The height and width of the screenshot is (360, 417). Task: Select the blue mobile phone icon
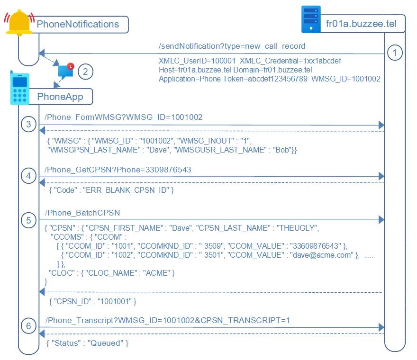[x=19, y=88]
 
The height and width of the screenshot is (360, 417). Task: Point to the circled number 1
[x=394, y=53]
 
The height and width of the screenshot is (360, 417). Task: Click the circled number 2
[x=85, y=72]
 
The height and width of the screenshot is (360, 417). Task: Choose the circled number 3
[x=28, y=125]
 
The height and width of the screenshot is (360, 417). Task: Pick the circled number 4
[x=28, y=176]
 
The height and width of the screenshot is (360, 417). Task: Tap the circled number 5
[x=28, y=220]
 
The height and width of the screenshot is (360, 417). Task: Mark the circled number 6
[x=28, y=326]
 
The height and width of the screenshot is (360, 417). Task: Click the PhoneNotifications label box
[x=78, y=24]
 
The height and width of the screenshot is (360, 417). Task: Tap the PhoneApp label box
[x=60, y=97]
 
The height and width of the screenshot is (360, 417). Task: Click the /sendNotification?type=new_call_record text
[x=232, y=46]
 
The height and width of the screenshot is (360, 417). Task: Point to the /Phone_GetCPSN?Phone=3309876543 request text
[x=118, y=169]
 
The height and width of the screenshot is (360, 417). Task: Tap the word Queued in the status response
[x=108, y=342]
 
